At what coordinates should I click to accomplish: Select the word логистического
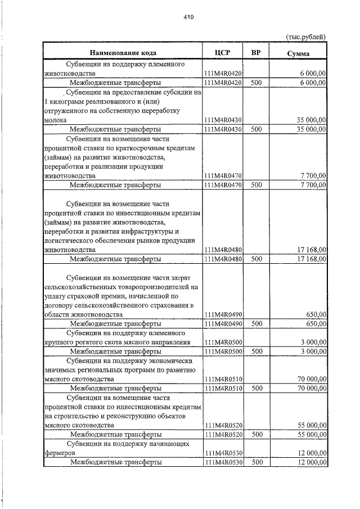pos(71,240)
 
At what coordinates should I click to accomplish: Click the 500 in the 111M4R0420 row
pos(256,83)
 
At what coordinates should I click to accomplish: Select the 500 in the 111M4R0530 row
pos(256,462)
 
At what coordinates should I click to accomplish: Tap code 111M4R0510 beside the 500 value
pos(223,388)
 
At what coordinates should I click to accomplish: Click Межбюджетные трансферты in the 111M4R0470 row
pos(115,184)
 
